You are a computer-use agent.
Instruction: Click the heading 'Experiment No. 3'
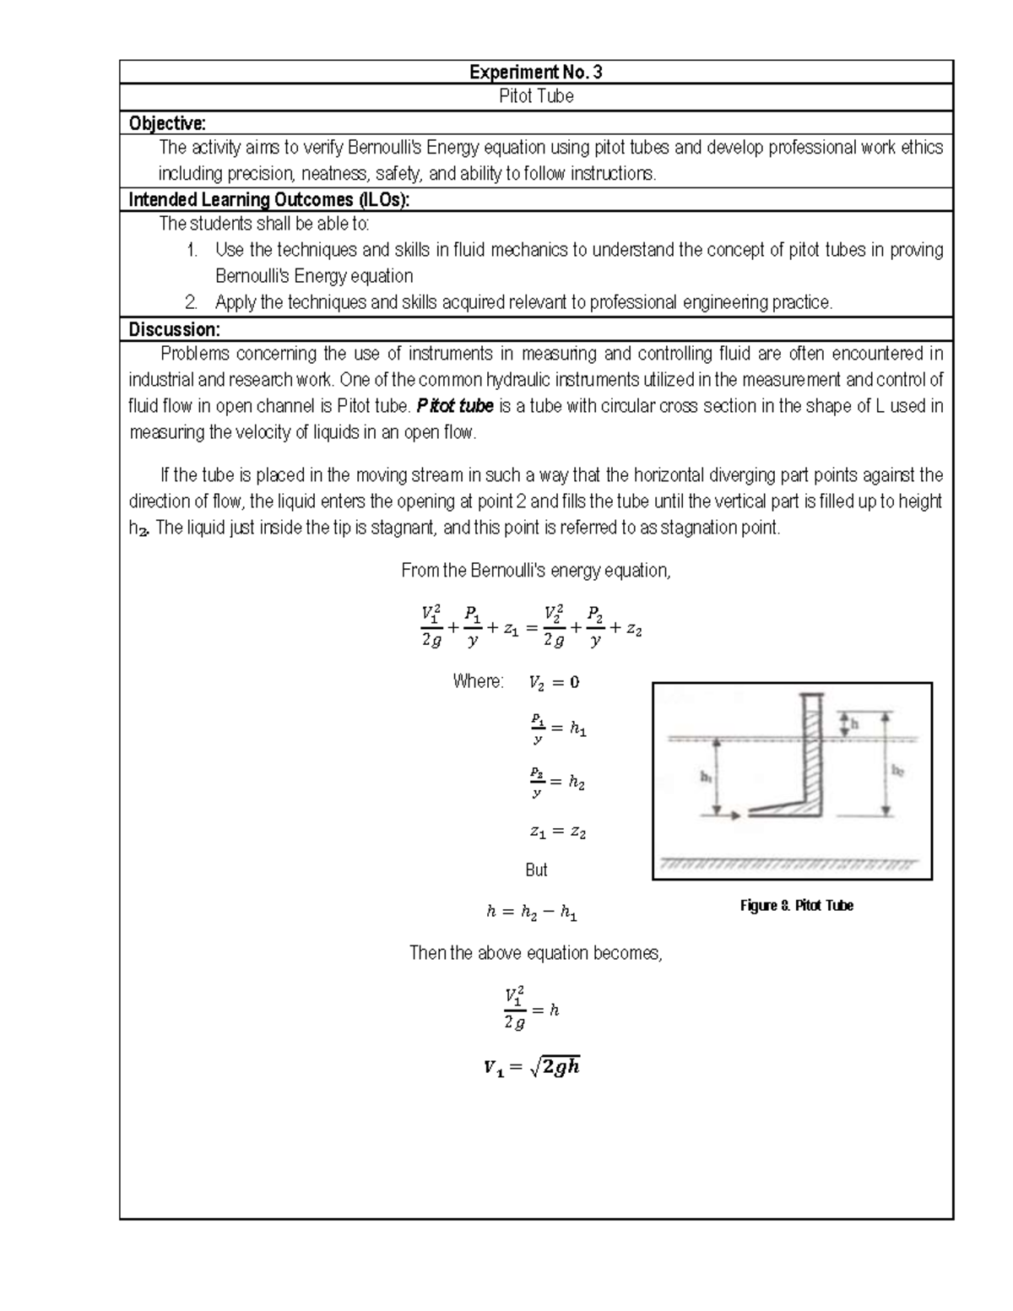pyautogui.click(x=536, y=73)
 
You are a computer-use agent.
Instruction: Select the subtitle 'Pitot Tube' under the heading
pyautogui.click(x=536, y=96)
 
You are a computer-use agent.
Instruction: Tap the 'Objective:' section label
pyautogui.click(x=167, y=123)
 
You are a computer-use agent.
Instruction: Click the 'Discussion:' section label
pyautogui.click(x=174, y=329)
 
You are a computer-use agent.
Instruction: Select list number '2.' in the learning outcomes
pyautogui.click(x=192, y=302)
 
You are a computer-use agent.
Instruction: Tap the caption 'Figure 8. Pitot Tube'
pyautogui.click(x=796, y=906)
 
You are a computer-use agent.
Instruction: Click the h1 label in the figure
pyautogui.click(x=706, y=777)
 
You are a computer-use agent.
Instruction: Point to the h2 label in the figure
pyautogui.click(x=897, y=771)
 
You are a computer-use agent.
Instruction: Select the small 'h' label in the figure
pyautogui.click(x=853, y=723)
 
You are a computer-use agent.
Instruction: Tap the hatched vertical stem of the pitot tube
pyautogui.click(x=812, y=751)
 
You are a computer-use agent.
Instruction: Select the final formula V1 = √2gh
pyautogui.click(x=532, y=1067)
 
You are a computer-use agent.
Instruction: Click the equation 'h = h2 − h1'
pyautogui.click(x=532, y=912)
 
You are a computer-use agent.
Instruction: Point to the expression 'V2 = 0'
pyautogui.click(x=554, y=683)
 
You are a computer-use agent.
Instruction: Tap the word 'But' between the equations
pyautogui.click(x=536, y=870)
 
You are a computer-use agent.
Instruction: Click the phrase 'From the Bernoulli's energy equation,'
pyautogui.click(x=536, y=571)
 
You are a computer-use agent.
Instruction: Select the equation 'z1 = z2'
pyautogui.click(x=557, y=832)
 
